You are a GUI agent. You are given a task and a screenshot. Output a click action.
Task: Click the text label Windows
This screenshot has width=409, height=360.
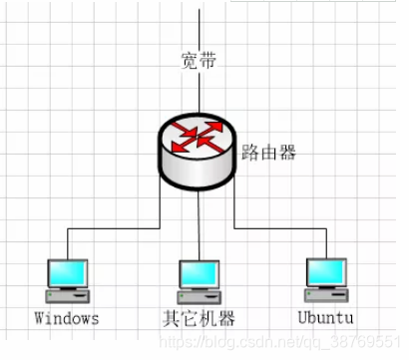point(67,319)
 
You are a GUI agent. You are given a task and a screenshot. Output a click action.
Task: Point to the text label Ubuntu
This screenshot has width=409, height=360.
point(325,319)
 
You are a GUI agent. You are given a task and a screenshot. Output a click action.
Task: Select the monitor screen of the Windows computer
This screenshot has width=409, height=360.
point(69,273)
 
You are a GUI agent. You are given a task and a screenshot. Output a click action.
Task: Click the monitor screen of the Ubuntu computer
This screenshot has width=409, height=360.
point(325,272)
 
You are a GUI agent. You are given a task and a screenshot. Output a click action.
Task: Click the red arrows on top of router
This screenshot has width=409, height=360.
point(197,136)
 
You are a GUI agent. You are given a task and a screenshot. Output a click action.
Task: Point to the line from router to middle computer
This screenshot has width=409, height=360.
point(199,224)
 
